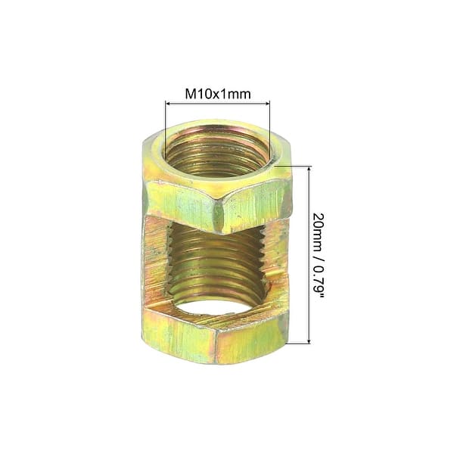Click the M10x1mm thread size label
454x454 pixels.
[217, 95]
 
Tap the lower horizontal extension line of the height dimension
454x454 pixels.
[299, 344]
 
